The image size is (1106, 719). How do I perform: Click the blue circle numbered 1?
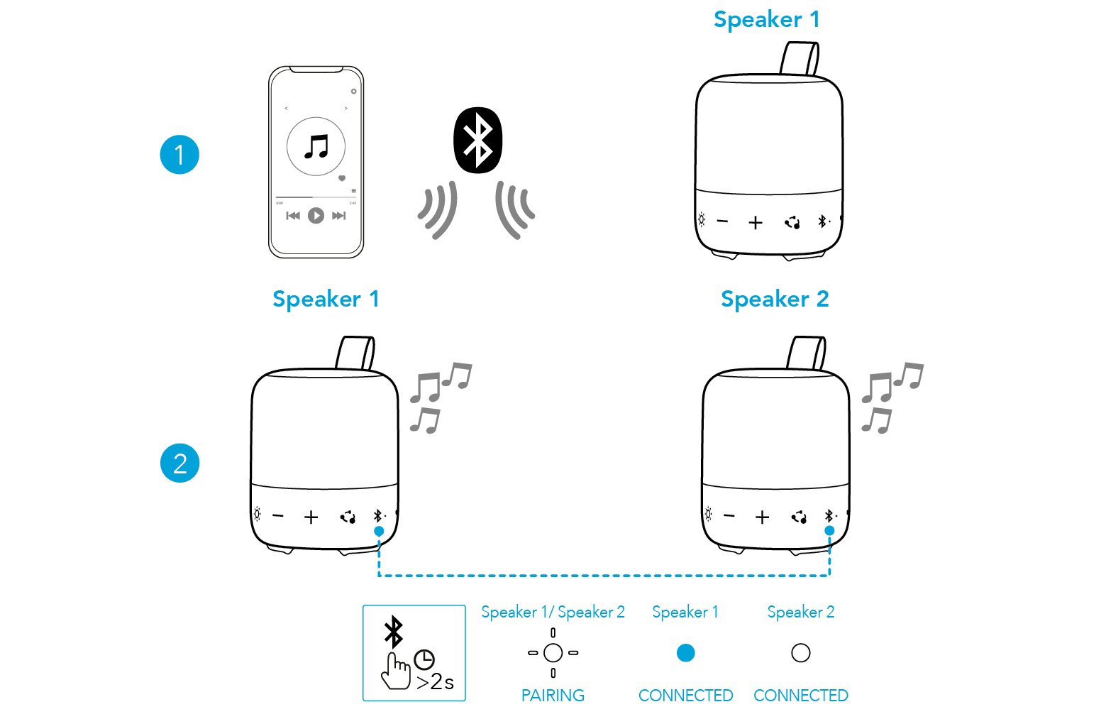point(179,155)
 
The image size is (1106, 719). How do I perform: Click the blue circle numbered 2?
point(180,463)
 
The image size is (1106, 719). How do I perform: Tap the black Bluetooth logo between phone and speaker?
point(477,141)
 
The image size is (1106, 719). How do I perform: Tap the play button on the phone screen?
point(316,215)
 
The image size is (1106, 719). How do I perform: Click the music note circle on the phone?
point(316,146)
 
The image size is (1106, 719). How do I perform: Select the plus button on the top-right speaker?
point(756,223)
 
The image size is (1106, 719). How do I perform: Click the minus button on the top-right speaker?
point(722,221)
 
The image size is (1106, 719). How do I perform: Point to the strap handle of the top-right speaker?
point(801,58)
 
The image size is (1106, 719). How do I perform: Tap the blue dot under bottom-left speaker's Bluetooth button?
point(379,531)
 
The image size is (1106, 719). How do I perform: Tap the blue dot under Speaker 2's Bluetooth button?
point(829,530)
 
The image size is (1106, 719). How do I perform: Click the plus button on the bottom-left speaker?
point(311,517)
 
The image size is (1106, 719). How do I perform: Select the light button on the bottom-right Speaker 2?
point(708,515)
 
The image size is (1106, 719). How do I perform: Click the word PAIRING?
point(553,696)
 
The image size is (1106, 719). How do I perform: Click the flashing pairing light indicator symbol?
point(553,652)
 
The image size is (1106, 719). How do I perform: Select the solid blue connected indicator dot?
point(685,653)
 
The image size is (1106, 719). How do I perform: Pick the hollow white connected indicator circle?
point(800,653)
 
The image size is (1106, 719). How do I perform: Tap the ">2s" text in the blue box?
point(435,682)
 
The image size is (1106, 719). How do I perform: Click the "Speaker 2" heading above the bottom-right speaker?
point(775,300)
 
